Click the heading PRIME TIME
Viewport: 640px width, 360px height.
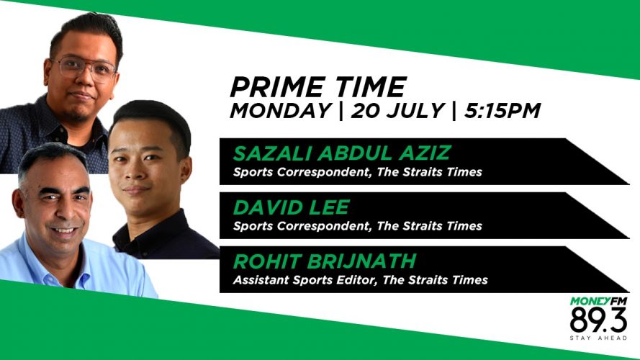click(318, 86)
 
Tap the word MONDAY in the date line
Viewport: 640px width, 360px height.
click(281, 111)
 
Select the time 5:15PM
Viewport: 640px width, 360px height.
click(502, 111)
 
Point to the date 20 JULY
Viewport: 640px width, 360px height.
click(397, 111)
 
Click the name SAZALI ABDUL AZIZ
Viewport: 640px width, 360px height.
click(342, 153)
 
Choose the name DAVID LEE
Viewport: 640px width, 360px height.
click(292, 207)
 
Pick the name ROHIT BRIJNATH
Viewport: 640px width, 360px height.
click(325, 261)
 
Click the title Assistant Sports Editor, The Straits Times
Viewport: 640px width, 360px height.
click(361, 280)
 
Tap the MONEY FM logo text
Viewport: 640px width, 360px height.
click(598, 302)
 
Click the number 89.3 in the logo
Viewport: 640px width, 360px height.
click(598, 320)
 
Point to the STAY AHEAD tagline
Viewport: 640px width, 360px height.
click(598, 338)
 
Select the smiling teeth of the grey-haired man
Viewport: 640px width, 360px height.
click(64, 230)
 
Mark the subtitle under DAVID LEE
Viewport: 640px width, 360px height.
click(358, 225)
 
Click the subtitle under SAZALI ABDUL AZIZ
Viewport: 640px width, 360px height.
click(358, 172)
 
